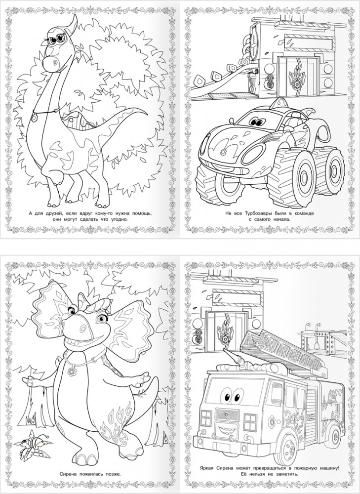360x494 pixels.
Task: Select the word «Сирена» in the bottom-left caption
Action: (x=68, y=474)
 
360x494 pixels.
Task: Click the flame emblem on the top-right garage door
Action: (x=296, y=79)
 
